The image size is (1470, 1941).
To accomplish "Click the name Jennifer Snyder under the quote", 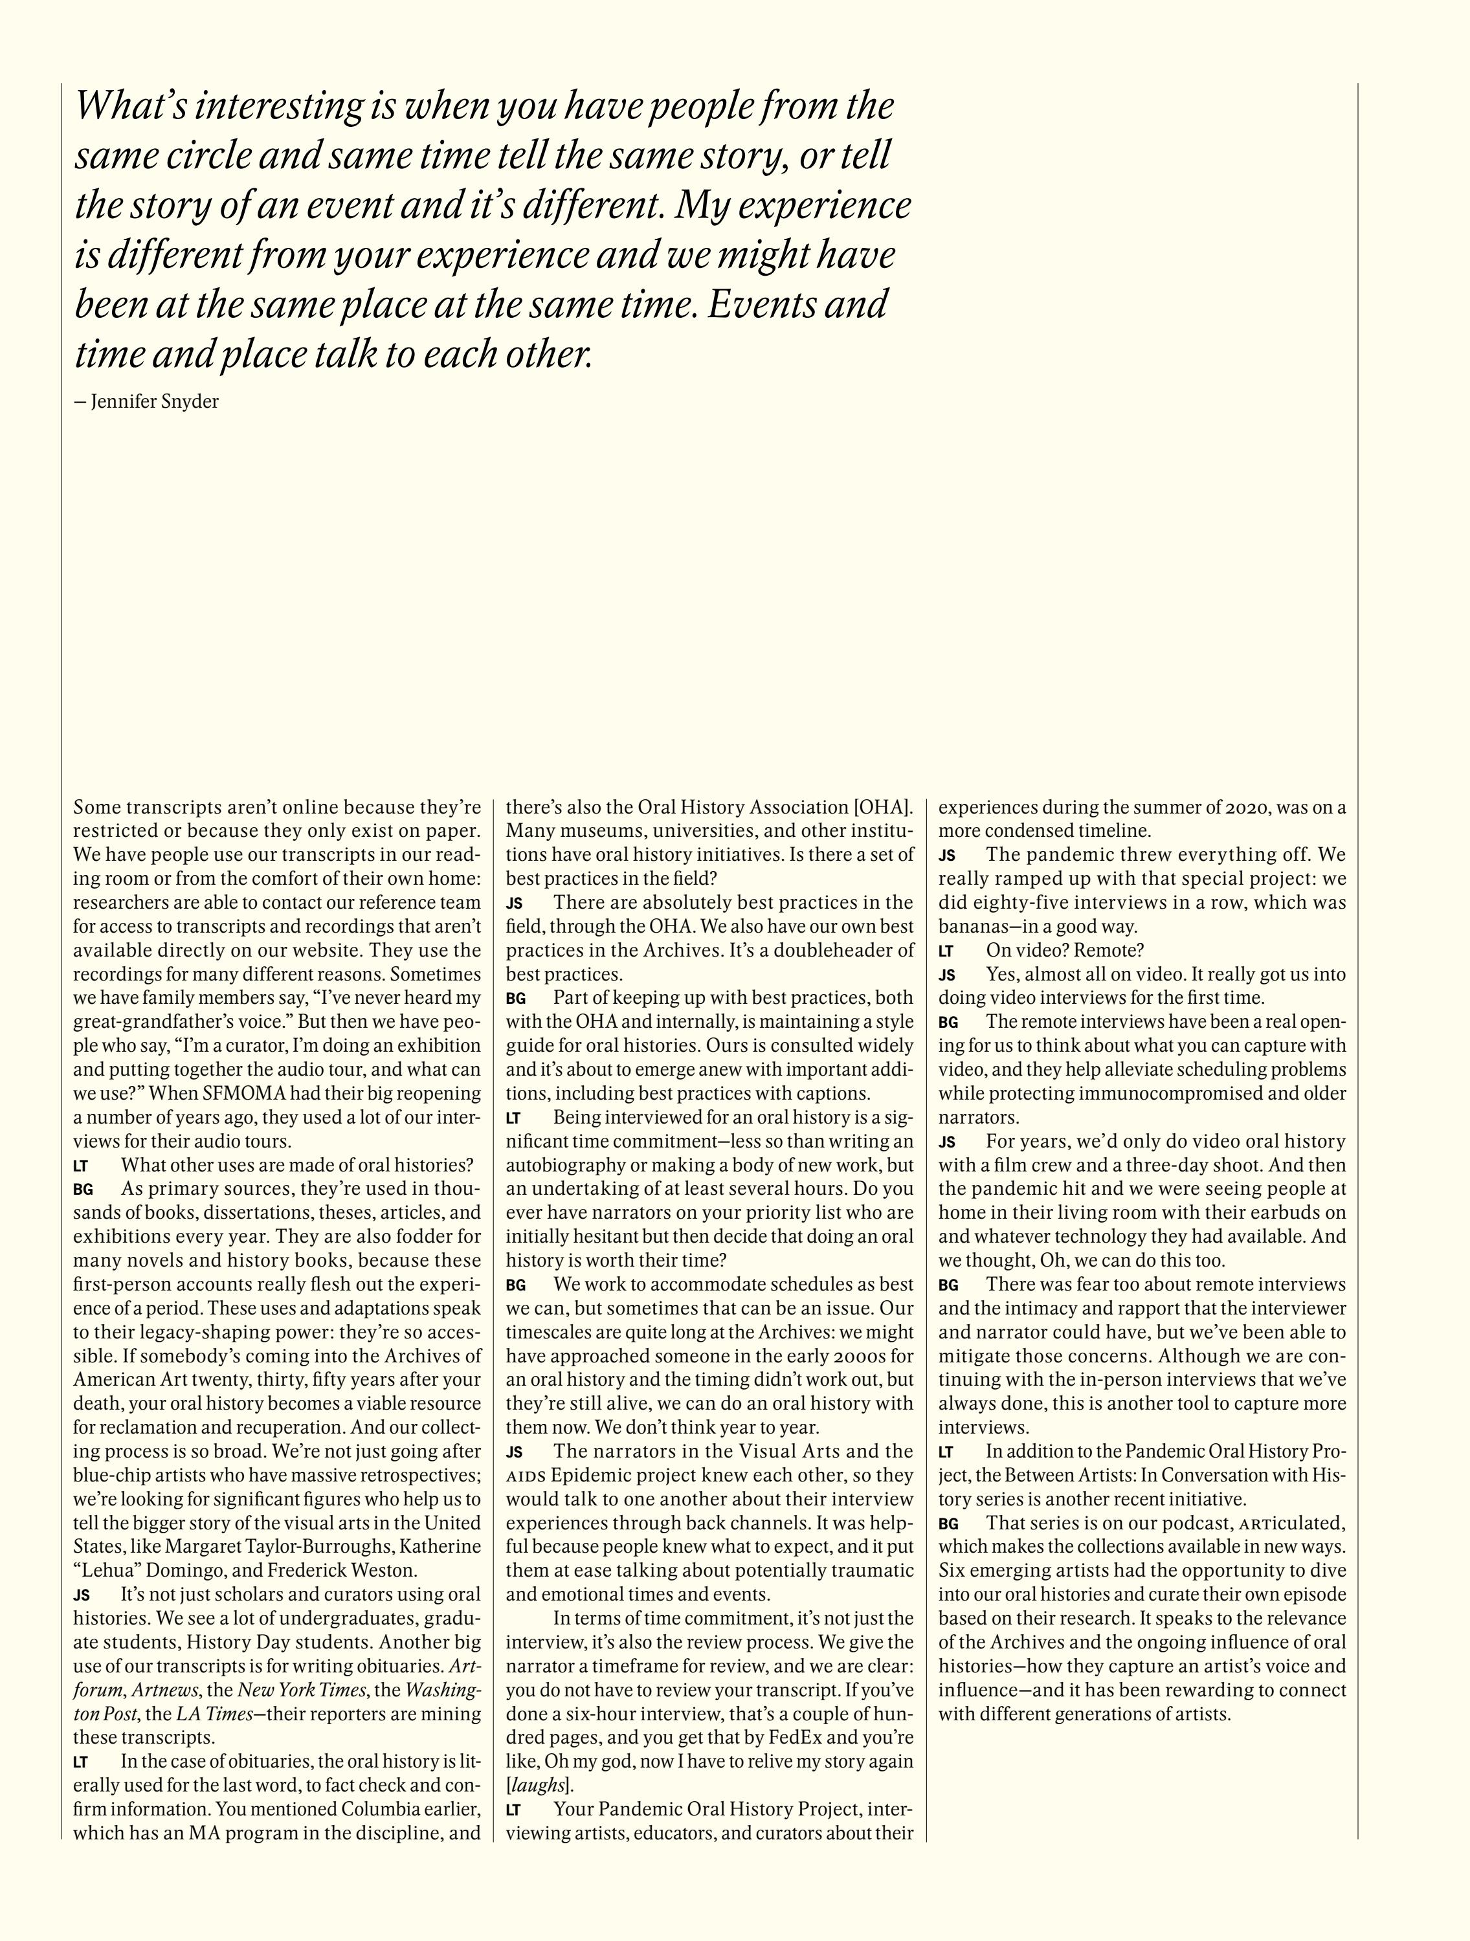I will pos(155,402).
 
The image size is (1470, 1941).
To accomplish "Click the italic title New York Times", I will pos(293,1713).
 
